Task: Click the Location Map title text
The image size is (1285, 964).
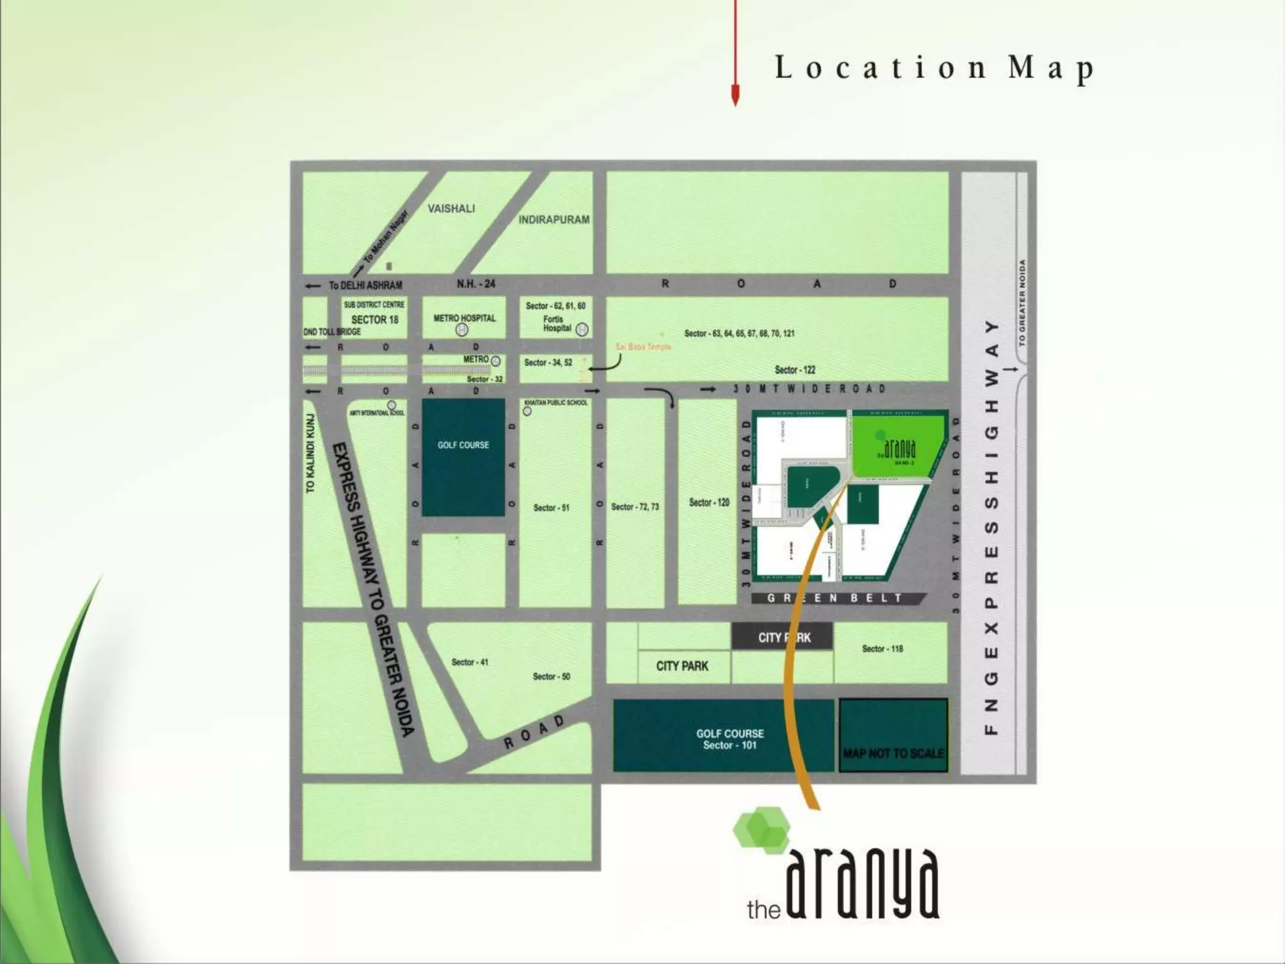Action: pos(934,68)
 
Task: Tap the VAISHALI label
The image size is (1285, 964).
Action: pos(451,208)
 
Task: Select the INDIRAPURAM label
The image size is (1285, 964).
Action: pos(553,220)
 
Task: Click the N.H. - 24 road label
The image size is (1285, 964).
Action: pos(476,284)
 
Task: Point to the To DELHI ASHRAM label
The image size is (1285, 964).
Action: pos(365,286)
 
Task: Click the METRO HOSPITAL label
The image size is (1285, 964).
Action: pos(464,318)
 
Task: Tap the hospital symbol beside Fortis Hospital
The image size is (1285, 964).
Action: pos(582,329)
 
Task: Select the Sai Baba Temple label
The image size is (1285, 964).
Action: pos(643,347)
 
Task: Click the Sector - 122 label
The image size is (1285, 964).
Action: pos(794,370)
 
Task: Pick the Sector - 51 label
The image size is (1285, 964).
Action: pos(551,508)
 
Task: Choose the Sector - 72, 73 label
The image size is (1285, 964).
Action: pos(635,506)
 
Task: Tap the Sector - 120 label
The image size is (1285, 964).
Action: pos(709,502)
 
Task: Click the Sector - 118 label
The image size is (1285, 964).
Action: pos(882,648)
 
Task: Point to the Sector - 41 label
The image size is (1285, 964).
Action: pos(469,662)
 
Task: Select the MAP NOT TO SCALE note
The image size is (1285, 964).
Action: pos(893,753)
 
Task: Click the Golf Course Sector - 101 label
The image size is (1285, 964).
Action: pos(730,739)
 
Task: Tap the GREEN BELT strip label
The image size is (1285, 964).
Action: pos(834,598)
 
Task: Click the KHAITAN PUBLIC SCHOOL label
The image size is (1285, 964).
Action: pos(556,402)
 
